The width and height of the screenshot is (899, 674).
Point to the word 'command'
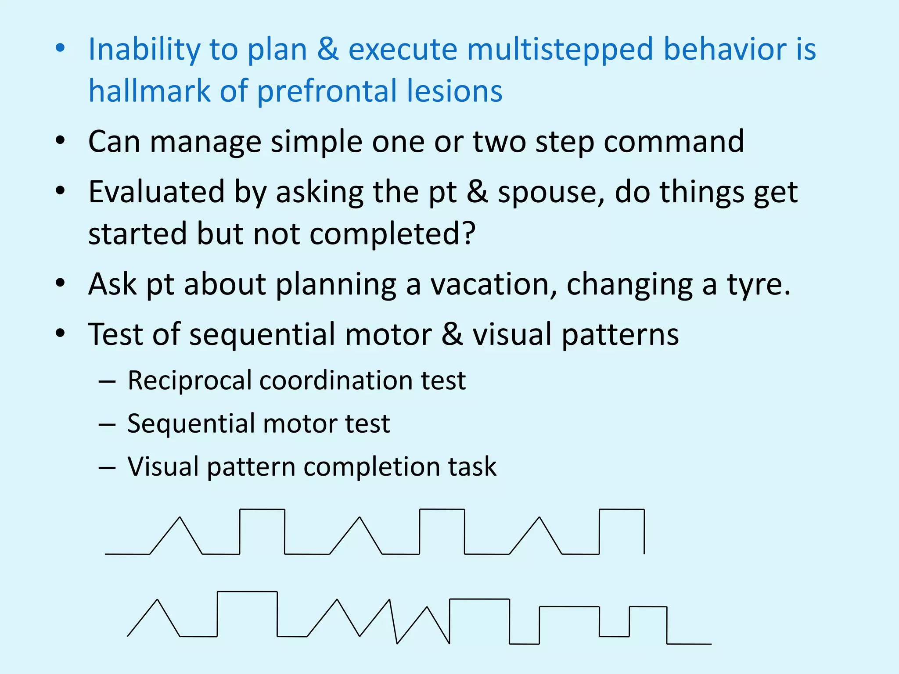(674, 142)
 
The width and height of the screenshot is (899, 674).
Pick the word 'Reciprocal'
(189, 380)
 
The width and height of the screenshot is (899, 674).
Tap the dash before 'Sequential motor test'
(107, 425)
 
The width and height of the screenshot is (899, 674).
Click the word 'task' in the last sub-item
(472, 466)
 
